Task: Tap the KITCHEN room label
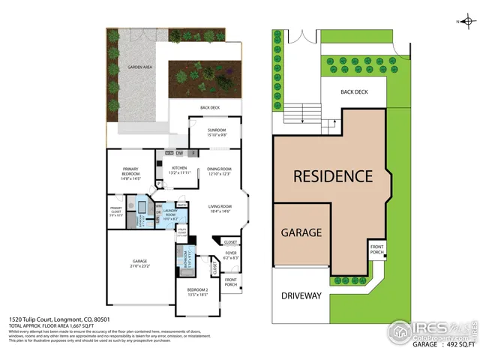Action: [x=178, y=168]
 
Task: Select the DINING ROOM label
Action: [x=219, y=169]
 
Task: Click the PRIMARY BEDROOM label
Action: [x=130, y=170]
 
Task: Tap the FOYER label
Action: [x=231, y=253]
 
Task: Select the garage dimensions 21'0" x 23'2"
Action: [x=136, y=266]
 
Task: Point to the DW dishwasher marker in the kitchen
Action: [x=180, y=153]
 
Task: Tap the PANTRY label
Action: [x=181, y=205]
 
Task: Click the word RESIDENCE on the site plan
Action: [x=332, y=177]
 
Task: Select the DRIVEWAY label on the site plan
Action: [x=301, y=295]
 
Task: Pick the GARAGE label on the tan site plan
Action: [x=301, y=232]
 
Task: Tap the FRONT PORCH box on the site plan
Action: [x=376, y=250]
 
